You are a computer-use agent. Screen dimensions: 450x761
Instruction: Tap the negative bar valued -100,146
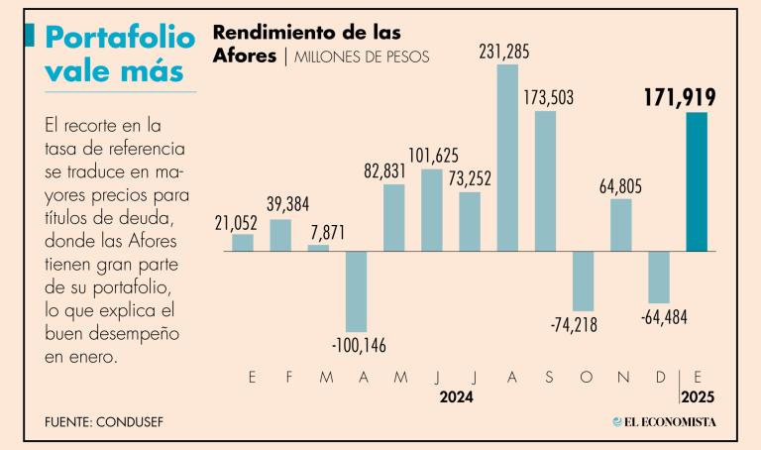[357, 291]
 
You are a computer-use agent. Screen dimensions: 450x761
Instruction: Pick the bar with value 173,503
[545, 180]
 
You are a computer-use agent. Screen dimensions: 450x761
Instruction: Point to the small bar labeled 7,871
[318, 248]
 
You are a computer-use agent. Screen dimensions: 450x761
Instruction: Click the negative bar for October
[583, 281]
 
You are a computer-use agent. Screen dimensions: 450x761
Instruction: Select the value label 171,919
[678, 96]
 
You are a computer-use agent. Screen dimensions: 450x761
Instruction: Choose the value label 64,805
[621, 185]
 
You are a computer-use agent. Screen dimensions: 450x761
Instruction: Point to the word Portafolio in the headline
[121, 38]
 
